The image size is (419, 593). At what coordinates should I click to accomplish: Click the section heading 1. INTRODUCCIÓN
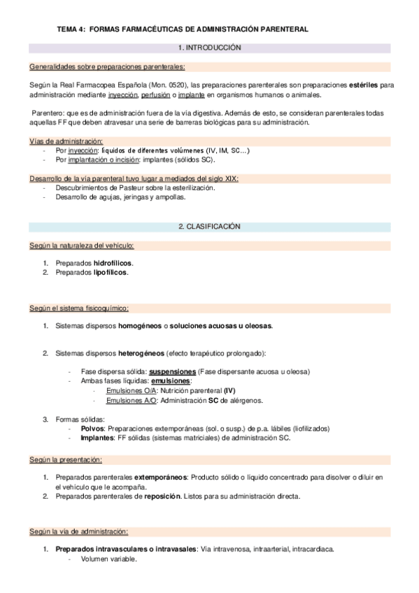click(209, 48)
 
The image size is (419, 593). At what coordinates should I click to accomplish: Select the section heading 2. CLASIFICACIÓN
click(209, 227)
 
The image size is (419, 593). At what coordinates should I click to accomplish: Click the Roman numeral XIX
click(230, 178)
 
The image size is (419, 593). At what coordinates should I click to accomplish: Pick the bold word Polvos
click(92, 428)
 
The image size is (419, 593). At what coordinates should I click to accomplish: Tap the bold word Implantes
click(97, 437)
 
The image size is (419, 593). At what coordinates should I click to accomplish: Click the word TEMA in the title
click(67, 30)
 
